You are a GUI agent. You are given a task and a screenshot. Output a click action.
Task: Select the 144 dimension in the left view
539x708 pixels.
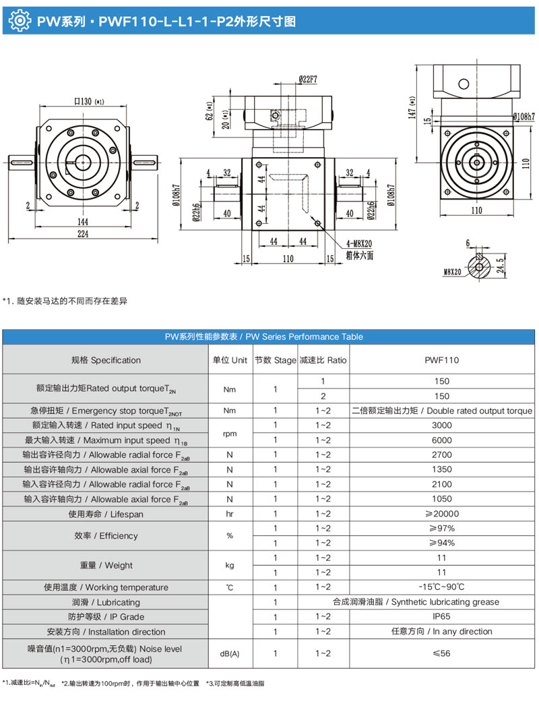coord(83,221)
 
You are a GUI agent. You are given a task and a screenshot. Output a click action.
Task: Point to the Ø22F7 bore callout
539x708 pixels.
coord(307,80)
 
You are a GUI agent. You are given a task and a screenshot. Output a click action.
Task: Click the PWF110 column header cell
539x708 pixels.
coord(441,360)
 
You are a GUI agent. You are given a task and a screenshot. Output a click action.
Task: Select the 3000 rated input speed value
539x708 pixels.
coord(441,425)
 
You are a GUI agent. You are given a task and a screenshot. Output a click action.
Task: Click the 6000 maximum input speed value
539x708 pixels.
coord(441,440)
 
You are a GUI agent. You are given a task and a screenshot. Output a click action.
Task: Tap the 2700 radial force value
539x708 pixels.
coord(441,455)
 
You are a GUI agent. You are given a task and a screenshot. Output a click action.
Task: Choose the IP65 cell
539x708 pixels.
coord(441,617)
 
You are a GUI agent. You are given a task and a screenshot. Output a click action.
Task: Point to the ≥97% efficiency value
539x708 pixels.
coord(441,529)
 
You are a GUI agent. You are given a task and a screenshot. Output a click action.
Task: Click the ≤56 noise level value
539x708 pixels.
coord(441,653)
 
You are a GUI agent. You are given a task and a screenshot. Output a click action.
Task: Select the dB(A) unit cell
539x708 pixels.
coord(230,653)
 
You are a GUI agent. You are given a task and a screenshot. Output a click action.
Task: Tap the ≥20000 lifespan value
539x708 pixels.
coord(441,514)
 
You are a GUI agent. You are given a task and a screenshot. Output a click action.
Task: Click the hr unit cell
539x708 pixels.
coord(230,514)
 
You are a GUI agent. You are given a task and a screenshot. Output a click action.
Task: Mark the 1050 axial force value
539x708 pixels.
coord(441,499)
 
